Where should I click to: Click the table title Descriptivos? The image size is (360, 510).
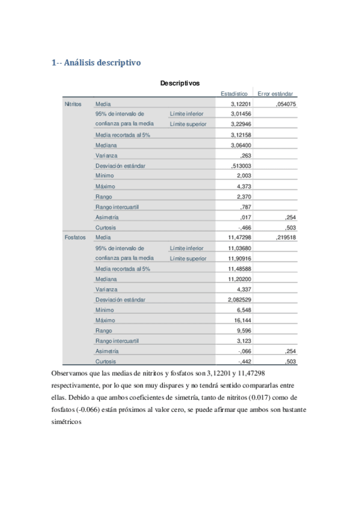click(180, 83)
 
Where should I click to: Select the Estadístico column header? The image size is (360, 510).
click(234, 94)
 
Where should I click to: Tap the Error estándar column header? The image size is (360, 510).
click(275, 94)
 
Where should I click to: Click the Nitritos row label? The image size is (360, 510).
click(73, 103)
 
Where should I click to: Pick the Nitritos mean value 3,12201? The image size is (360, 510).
click(240, 103)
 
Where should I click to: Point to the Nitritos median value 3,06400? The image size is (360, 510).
click(240, 145)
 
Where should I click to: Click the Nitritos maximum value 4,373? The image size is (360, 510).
click(243, 186)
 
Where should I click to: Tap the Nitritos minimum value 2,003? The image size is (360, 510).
click(243, 176)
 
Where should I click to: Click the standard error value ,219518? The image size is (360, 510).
click(285, 238)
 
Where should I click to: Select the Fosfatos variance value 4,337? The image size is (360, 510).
click(243, 289)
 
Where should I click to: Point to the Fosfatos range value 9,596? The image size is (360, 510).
click(243, 330)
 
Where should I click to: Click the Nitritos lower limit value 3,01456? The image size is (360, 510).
click(240, 114)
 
